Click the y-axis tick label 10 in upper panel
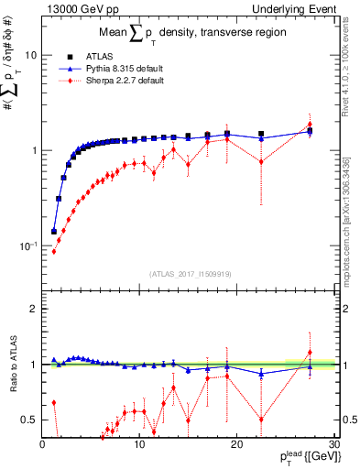click(30, 55)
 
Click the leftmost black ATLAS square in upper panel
click(53, 232)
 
